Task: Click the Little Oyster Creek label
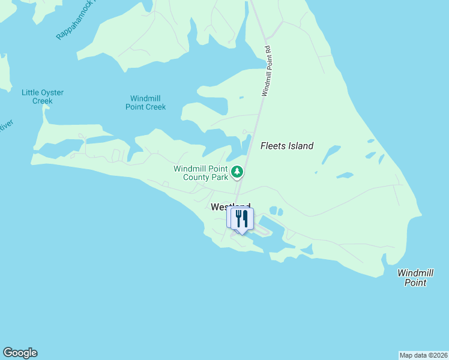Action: coord(43,97)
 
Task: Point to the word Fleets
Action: coord(273,146)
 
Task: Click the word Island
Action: coord(300,146)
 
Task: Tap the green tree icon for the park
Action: coord(238,172)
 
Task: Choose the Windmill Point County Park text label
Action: coord(201,173)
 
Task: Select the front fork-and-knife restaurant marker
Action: coord(243,219)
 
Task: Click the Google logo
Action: coord(20,353)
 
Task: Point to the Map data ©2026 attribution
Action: coord(423,355)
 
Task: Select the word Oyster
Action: coord(52,92)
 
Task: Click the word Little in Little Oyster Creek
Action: coord(30,92)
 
